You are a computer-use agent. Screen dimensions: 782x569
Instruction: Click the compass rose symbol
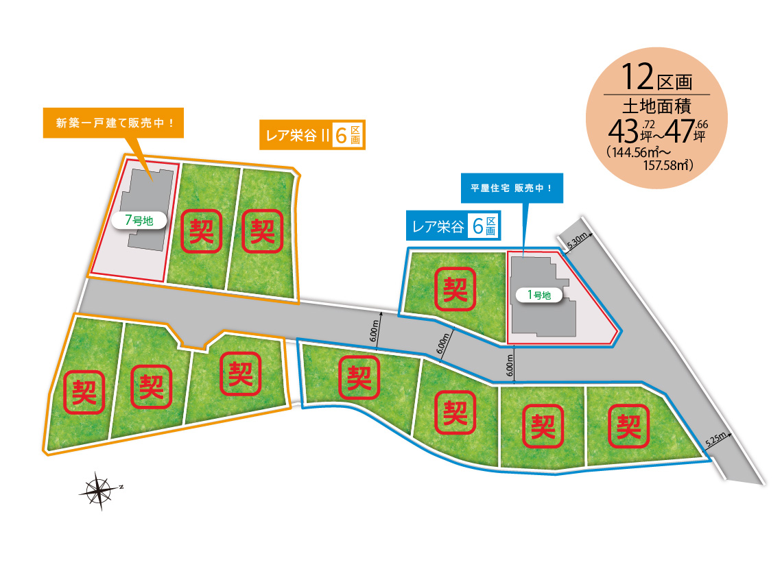(x=100, y=489)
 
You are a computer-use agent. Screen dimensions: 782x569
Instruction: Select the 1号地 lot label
(x=538, y=295)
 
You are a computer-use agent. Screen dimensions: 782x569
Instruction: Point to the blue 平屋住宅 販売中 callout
(x=511, y=188)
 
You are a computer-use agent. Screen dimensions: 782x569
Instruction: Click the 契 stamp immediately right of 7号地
(x=202, y=230)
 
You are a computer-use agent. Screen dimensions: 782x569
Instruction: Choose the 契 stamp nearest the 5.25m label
(x=626, y=427)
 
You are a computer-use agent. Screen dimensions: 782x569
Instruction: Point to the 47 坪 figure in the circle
(x=685, y=129)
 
